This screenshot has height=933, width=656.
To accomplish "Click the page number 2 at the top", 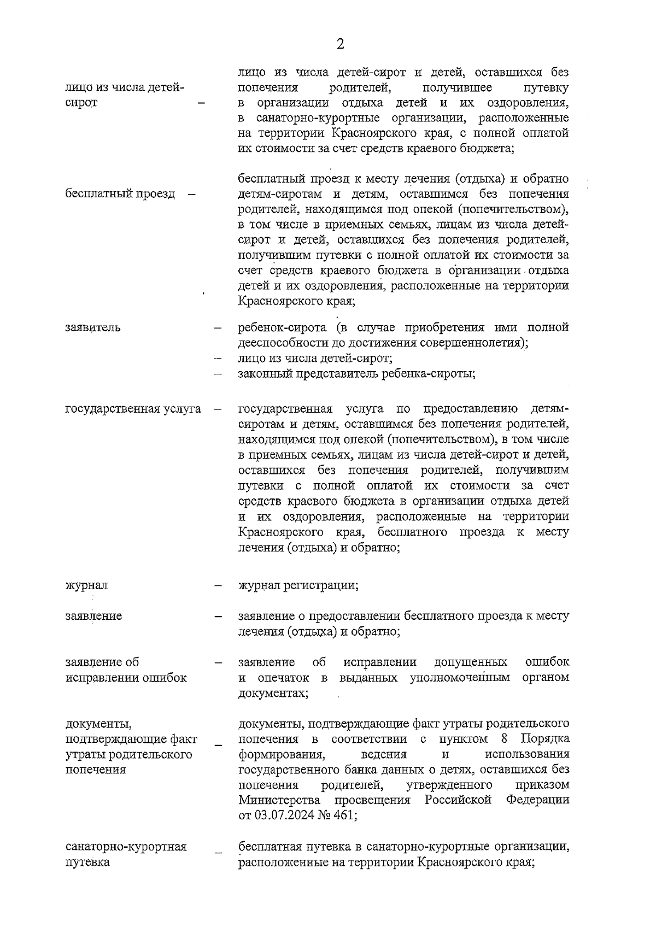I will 340,44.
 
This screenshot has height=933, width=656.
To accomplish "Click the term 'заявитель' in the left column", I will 93,328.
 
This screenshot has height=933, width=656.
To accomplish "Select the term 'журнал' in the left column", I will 86,585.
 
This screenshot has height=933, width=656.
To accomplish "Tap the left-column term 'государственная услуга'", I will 133,409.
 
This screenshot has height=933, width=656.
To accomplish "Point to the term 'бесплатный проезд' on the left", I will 120,193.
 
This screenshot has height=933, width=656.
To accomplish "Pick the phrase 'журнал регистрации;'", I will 298,585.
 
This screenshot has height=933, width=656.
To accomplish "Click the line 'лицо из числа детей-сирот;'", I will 315,359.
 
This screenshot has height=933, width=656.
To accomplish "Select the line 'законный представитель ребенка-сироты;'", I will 356,374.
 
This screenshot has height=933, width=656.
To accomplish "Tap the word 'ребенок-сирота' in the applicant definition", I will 283,328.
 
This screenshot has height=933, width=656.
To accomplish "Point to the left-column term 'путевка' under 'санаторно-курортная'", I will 87,862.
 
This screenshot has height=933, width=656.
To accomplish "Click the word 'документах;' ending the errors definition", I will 273,693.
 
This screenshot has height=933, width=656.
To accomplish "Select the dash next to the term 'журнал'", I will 218,586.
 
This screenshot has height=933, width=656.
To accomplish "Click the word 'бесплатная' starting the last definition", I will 266,847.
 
